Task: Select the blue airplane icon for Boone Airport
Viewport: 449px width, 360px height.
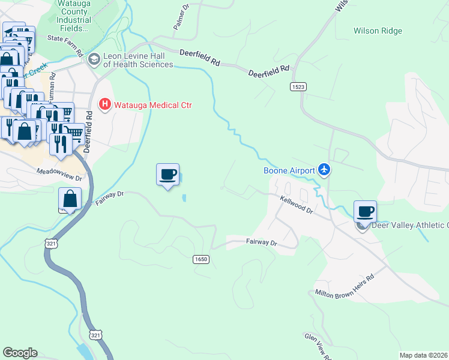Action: click(325, 170)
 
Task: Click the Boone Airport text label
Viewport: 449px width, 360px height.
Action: click(289, 170)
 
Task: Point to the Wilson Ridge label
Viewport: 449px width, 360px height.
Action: click(378, 31)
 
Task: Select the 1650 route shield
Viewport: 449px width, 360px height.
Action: click(201, 259)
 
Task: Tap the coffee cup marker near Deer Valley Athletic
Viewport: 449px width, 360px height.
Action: click(365, 212)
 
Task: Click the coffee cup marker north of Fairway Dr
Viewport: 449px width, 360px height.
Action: click(168, 175)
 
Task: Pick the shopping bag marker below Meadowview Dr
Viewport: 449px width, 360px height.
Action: click(70, 199)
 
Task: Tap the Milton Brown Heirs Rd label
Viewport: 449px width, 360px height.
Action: click(345, 286)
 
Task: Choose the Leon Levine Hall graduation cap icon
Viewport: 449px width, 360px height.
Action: click(94, 59)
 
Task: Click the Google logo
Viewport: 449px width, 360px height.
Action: click(20, 353)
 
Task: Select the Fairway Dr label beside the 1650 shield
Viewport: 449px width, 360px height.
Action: click(261, 243)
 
